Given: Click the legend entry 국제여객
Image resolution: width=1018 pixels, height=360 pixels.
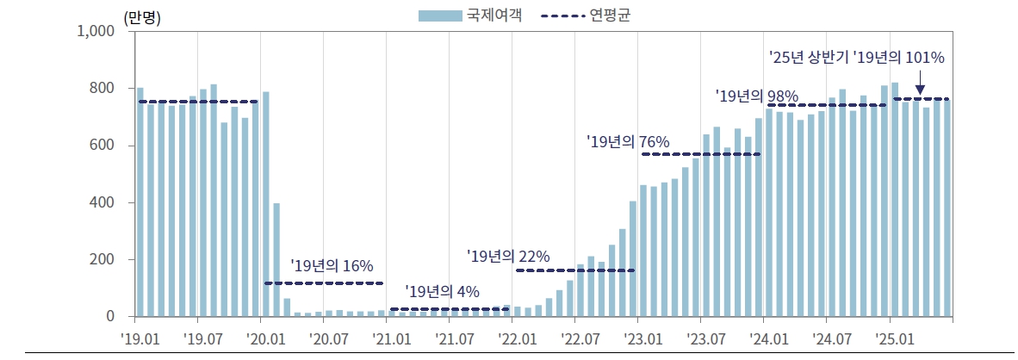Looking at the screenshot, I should pyautogui.click(x=469, y=15).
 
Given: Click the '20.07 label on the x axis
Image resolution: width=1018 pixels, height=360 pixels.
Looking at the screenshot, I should pyautogui.click(x=326, y=338).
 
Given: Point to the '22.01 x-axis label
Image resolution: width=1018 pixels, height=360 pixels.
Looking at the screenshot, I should pyautogui.click(x=516, y=338).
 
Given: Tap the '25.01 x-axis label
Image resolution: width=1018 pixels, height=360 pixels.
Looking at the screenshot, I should pyautogui.click(x=893, y=338).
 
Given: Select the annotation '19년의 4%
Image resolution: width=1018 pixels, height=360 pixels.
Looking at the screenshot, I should pyautogui.click(x=442, y=292).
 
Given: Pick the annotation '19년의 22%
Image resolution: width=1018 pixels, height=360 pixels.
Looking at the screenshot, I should pyautogui.click(x=507, y=256).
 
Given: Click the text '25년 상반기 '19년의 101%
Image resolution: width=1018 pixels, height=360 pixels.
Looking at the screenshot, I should pyautogui.click(x=856, y=58).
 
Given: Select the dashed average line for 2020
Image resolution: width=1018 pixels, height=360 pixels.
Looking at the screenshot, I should pyautogui.click(x=324, y=282).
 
